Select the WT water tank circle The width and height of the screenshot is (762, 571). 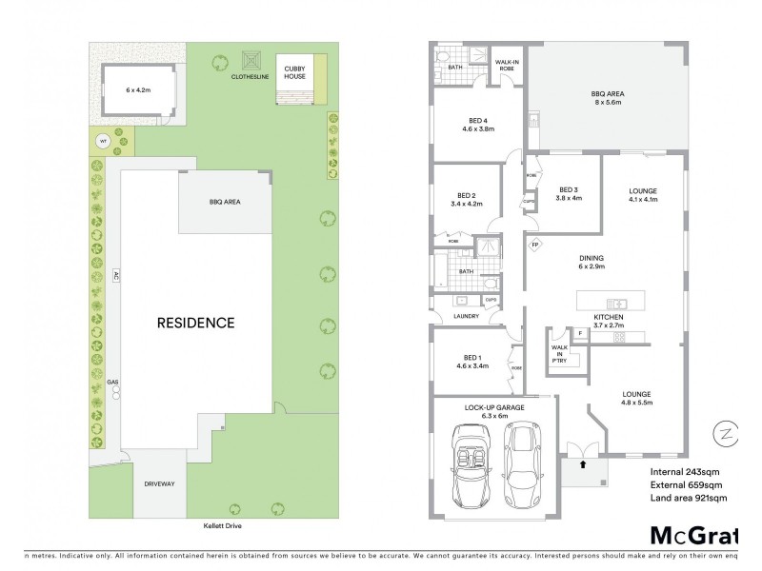[103, 142]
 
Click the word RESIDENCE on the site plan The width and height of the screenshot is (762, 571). [195, 323]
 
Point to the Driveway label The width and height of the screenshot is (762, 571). [160, 484]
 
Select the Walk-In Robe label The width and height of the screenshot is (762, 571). [506, 67]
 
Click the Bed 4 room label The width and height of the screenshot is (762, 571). [478, 125]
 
